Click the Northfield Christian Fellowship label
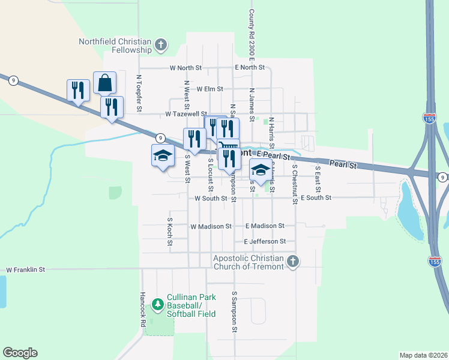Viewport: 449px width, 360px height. pos(115,46)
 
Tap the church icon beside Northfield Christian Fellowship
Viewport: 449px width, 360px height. pos(160,44)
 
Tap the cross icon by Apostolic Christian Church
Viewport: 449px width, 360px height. pos(292,261)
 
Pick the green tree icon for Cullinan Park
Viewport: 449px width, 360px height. pos(158,305)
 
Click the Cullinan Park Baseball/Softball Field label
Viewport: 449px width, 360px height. pos(191,310)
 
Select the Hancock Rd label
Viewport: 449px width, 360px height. pos(143,309)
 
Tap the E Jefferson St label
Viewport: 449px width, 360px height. pos(269,241)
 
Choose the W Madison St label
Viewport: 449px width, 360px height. pos(211,227)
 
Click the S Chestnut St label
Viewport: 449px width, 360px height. pos(295,184)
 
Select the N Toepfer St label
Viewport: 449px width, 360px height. pos(139,93)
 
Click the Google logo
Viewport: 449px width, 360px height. pos(20,353)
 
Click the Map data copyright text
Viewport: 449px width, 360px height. pos(423,355)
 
